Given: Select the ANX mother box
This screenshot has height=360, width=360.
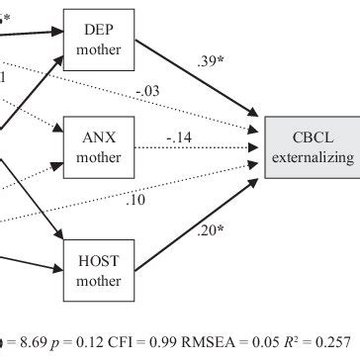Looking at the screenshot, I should pyautogui.click(x=97, y=145).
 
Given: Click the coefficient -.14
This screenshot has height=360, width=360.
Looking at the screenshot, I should pyautogui.click(x=178, y=137).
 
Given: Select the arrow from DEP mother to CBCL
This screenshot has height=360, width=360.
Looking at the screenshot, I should pyautogui.click(x=198, y=79).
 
